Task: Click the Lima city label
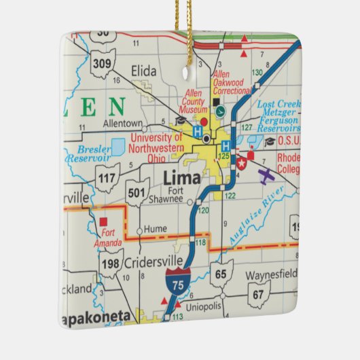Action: [182, 178]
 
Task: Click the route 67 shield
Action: [257, 295]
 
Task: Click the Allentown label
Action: [122, 124]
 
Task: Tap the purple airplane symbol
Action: [267, 175]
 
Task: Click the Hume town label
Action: [156, 230]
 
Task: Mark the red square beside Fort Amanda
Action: [103, 221]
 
